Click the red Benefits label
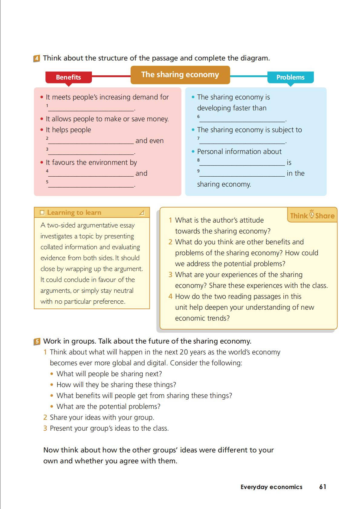click(x=68, y=77)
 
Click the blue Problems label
click(x=290, y=77)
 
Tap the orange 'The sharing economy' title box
click(x=180, y=75)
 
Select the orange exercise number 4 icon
click(x=37, y=58)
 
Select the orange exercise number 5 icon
click(x=37, y=342)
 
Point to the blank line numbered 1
click(x=91, y=109)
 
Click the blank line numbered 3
click(x=91, y=152)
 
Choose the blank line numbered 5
click(x=91, y=185)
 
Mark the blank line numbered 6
click(x=242, y=120)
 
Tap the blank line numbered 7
click(x=242, y=142)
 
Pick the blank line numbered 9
click(x=242, y=174)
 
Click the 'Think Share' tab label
click(x=312, y=215)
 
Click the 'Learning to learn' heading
click(x=74, y=213)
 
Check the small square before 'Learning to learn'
click(x=42, y=213)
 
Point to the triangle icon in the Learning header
click(x=142, y=213)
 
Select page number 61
click(x=322, y=487)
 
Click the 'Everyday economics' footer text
click(x=271, y=487)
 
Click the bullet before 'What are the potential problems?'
click(x=52, y=407)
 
